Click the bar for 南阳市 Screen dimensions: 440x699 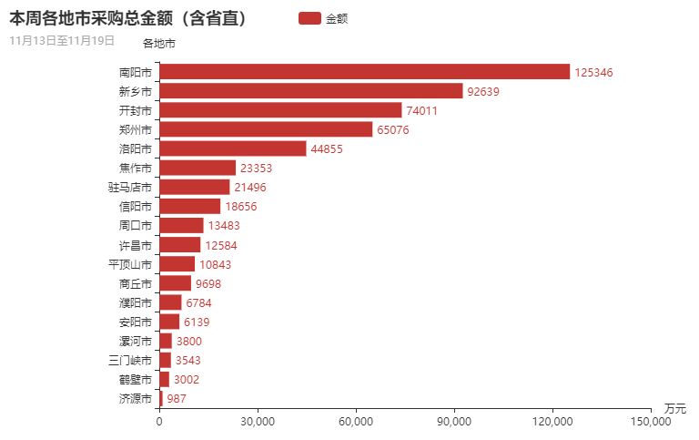(x=364, y=72)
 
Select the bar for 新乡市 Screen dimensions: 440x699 (x=310, y=91)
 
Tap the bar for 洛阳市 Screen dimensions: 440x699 (x=232, y=148)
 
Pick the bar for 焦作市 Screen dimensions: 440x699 (x=198, y=168)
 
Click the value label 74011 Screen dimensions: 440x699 (x=422, y=110)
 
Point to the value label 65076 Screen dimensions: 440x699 (x=393, y=129)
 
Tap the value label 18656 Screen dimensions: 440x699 (x=241, y=207)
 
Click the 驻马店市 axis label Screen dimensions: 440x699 (x=129, y=187)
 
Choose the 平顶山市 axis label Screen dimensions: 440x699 (x=129, y=264)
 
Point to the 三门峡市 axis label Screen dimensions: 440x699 (x=129, y=360)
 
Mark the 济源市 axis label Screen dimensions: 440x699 (x=135, y=398)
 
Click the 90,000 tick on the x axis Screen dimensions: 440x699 (x=454, y=422)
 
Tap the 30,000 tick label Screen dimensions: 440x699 (x=258, y=422)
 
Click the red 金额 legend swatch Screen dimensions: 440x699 (x=309, y=18)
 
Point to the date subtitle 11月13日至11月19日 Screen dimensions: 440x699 (x=62, y=40)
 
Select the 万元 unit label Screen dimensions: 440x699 (x=674, y=407)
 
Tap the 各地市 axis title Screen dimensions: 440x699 (x=159, y=43)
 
